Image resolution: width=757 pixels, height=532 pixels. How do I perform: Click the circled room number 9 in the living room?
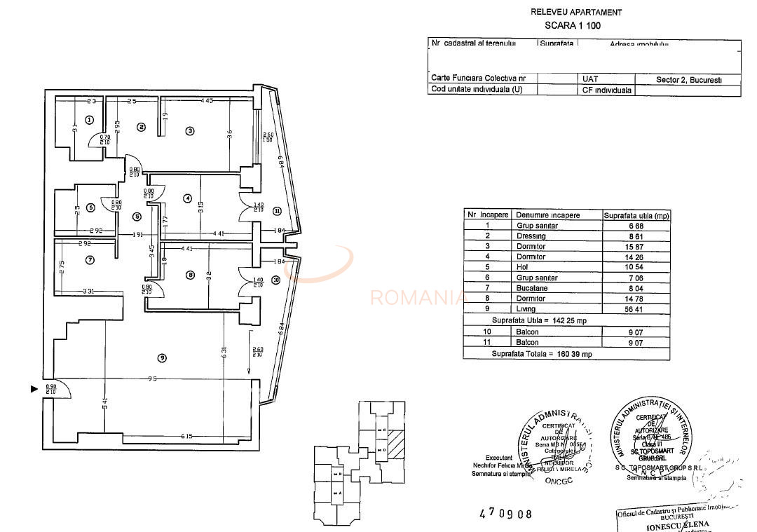pos(162,358)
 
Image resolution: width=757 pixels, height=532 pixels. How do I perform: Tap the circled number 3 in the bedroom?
pos(189,130)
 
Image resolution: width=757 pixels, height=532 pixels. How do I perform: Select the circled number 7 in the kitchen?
pos(90,260)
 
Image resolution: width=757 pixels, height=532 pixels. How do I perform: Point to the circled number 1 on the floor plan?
pos(89,120)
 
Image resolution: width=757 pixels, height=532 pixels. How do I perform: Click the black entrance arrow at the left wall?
pos(34,388)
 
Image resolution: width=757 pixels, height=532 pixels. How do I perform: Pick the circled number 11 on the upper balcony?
pos(277,210)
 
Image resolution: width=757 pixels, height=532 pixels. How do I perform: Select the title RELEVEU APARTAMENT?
pos(576,12)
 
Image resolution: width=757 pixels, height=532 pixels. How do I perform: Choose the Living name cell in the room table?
pos(526,308)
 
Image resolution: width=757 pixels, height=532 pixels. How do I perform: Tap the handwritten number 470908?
pos(505,514)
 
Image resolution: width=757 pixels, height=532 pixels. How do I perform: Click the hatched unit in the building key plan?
pos(397,444)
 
